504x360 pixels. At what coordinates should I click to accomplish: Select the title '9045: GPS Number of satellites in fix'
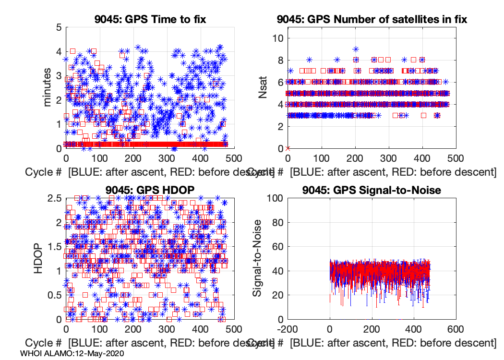[372, 19]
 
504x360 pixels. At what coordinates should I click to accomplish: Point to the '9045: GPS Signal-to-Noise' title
[372, 190]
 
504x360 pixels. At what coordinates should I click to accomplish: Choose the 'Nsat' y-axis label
[263, 87]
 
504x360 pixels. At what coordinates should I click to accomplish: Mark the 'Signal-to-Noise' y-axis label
[257, 258]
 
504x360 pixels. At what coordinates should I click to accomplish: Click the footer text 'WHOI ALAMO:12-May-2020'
[72, 354]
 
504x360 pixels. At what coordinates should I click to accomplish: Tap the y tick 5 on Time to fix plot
[59, 27]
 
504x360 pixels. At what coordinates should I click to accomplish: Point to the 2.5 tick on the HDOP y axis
[54, 198]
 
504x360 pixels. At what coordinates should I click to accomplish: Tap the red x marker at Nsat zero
[288, 148]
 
